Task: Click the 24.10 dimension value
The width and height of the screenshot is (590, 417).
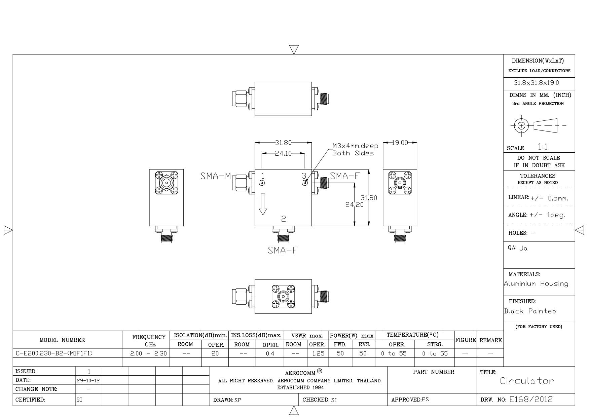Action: point(283,153)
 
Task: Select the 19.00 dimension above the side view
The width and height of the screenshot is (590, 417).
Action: point(400,143)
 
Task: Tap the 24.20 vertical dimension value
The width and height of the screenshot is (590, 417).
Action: point(355,204)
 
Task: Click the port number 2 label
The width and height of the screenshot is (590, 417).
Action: point(284,219)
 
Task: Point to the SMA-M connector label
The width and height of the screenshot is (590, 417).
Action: point(216,176)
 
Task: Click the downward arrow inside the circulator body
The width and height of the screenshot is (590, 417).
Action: point(263,204)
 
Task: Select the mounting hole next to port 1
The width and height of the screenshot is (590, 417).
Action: point(262,183)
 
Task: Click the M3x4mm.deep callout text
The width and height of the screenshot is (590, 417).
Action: point(356,146)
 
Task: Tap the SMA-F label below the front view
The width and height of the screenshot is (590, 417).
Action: point(283,250)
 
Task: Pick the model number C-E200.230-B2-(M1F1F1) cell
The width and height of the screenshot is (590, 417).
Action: point(54,353)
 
